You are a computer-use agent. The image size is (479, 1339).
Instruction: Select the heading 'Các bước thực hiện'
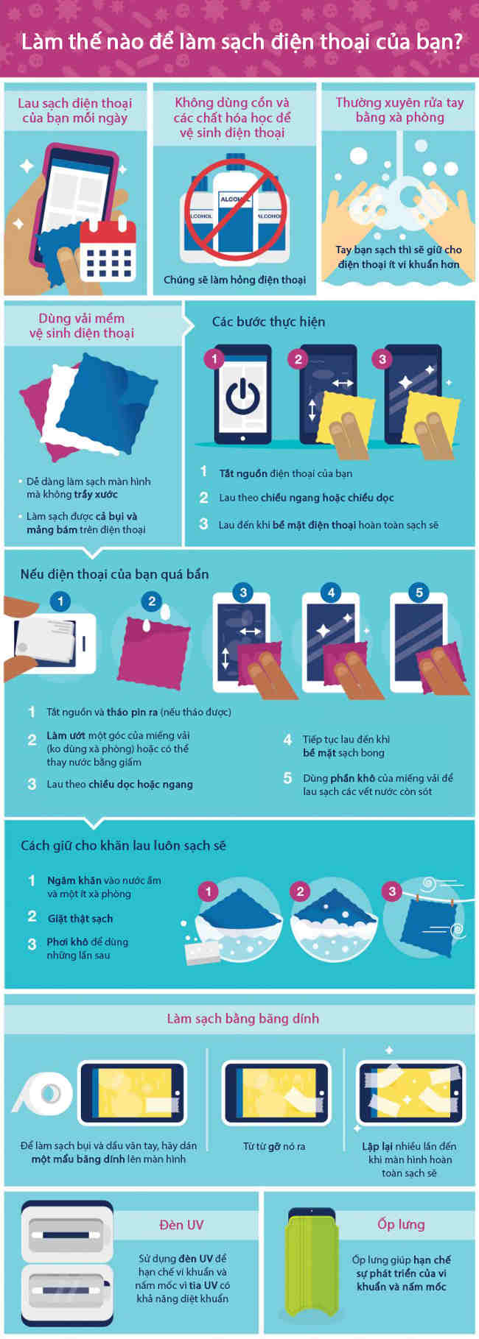(268, 322)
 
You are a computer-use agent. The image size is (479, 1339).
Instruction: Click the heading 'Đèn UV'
(181, 1225)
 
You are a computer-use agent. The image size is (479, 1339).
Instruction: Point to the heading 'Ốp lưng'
(401, 1224)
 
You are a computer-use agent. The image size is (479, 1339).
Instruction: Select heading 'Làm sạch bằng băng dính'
(242, 1019)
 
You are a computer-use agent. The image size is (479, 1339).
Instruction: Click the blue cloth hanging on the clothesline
(428, 922)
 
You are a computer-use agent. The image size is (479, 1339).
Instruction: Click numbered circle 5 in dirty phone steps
(419, 593)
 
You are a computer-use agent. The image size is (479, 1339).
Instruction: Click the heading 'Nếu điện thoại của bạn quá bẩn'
(114, 574)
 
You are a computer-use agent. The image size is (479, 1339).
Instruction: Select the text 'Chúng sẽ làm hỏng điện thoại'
(234, 280)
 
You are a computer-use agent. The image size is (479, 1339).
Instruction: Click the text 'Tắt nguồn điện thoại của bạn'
(285, 473)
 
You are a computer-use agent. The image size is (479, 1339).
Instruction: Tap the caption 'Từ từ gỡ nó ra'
(274, 1146)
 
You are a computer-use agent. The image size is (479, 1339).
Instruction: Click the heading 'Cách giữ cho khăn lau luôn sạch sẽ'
(123, 846)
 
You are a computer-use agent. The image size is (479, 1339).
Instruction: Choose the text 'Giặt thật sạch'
(80, 919)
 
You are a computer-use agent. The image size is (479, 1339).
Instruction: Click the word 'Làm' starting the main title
(41, 40)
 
